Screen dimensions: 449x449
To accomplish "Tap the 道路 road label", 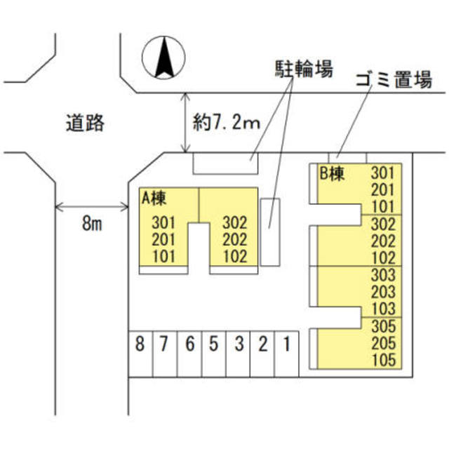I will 86,123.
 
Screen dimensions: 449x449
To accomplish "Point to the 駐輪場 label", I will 302,69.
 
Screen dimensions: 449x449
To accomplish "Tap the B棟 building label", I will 333,174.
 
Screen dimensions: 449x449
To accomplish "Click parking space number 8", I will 140,344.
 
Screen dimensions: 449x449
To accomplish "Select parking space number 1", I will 286,344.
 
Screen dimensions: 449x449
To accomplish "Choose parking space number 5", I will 213,344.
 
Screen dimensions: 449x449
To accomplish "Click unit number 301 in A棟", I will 163,223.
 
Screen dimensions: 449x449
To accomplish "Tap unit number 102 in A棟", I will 235,256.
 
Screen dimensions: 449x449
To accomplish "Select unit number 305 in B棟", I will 384,326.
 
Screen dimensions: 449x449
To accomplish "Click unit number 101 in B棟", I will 384,206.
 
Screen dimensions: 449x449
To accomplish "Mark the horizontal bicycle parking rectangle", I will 225,163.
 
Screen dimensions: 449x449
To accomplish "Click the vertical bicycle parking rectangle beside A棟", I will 270,232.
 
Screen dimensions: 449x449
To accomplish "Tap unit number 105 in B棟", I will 384,360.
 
